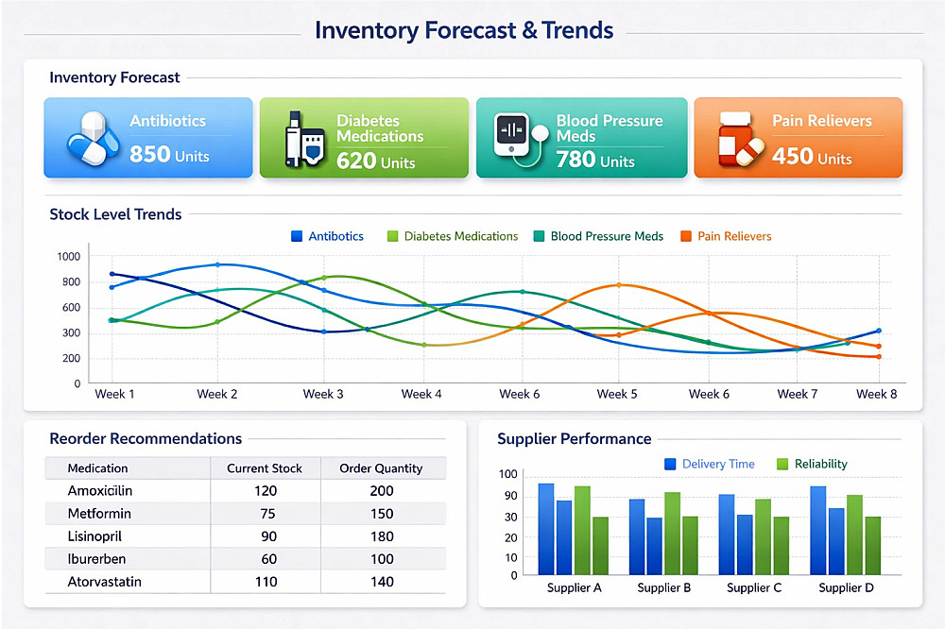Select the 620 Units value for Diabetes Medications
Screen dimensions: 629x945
[x=375, y=161]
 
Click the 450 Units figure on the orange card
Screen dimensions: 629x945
[x=811, y=157]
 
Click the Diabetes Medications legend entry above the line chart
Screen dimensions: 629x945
[x=453, y=236]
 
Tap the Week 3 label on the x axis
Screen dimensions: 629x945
[x=323, y=394]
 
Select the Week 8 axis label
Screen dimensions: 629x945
[x=876, y=394]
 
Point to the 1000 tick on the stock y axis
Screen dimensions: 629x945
[x=69, y=256]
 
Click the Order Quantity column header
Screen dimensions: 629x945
[x=381, y=468]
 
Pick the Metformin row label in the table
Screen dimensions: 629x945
[x=99, y=514]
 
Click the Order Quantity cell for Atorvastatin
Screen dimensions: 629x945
[x=381, y=582]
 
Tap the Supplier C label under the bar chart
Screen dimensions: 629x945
[x=753, y=587]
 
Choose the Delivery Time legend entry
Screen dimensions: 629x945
[x=710, y=464]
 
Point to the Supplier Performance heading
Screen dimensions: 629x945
[x=574, y=439]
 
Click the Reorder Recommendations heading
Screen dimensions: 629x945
[x=146, y=439]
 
